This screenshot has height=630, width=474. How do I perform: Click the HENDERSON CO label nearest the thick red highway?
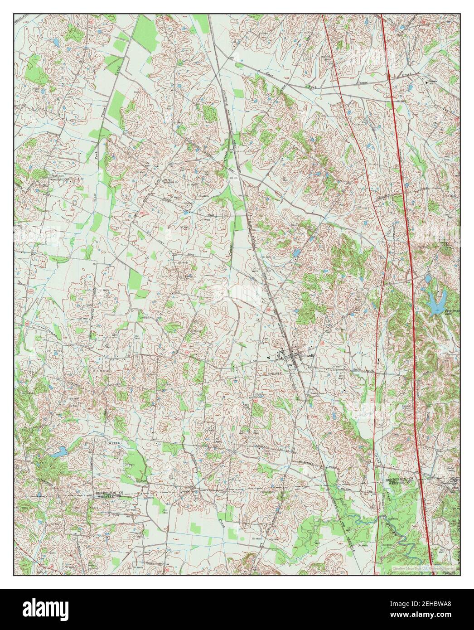click(x=400, y=480)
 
